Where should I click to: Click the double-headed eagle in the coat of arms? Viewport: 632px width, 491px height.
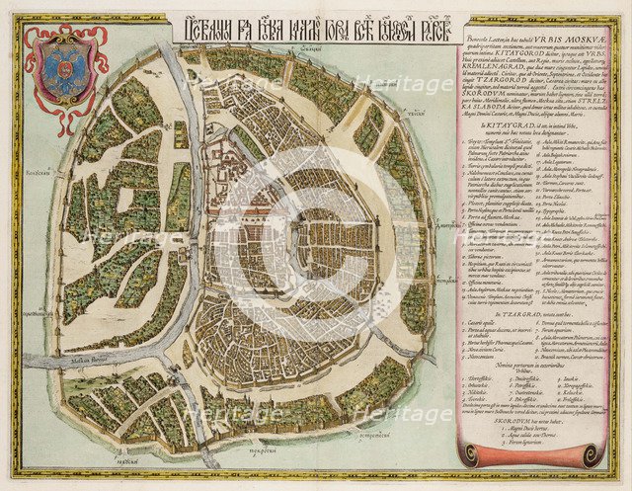[x=64, y=72]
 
